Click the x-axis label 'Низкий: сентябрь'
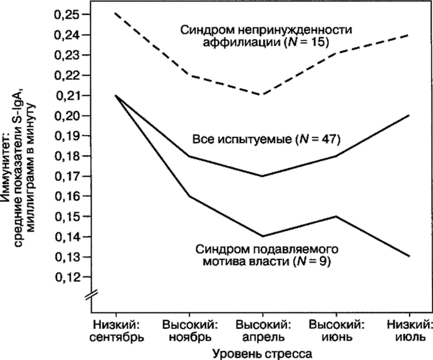tap(118, 330)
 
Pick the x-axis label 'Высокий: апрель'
tap(261, 330)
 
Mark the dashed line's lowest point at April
tap(261, 95)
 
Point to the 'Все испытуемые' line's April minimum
tap(261, 176)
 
